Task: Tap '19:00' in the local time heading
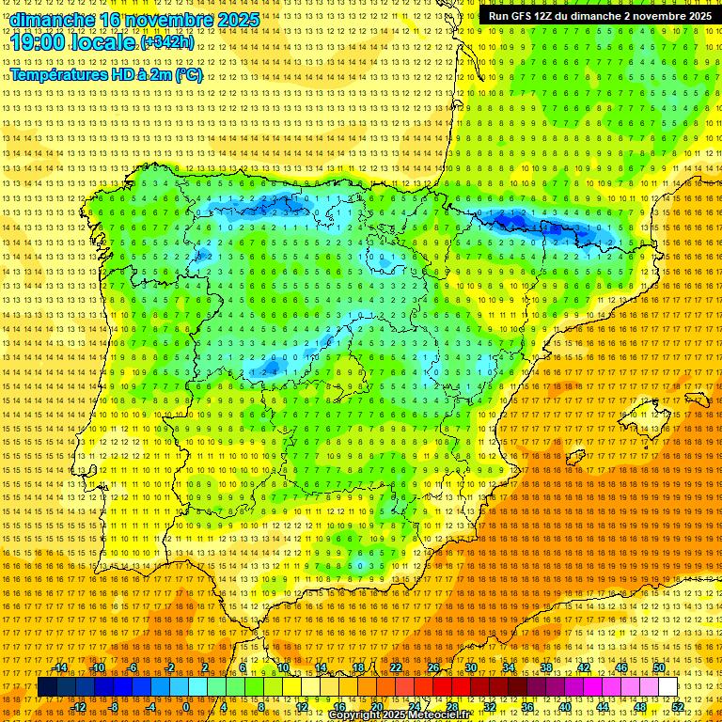coord(39,43)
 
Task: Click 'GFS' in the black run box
coord(521,16)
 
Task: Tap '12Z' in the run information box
coord(546,16)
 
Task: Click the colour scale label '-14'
coord(61,667)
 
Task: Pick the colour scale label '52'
coord(678,707)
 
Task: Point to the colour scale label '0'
coord(187,707)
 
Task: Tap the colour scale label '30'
coord(470,667)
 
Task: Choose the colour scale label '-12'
coord(80,707)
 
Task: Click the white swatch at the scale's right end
coord(667,687)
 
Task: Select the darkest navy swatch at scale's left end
coord(46,687)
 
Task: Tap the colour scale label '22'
coord(395,667)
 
